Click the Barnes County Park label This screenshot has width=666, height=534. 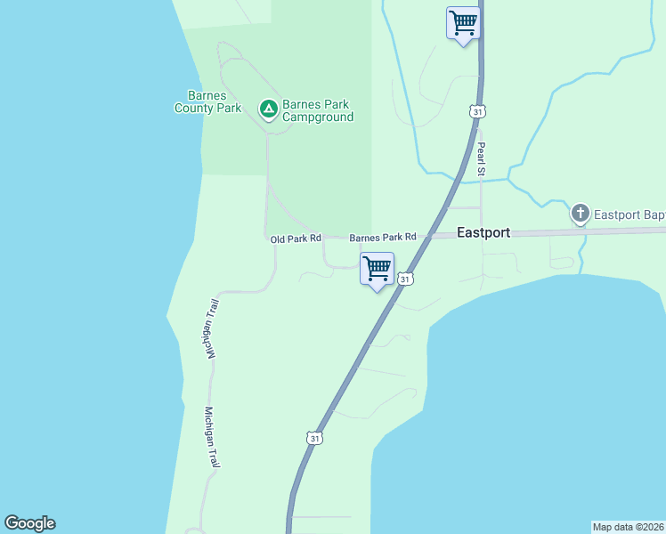[207, 102]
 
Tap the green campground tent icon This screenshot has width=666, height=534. [267, 109]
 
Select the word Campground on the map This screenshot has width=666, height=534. [318, 117]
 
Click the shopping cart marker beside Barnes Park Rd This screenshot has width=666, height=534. [377, 268]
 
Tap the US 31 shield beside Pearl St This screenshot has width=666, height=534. [478, 111]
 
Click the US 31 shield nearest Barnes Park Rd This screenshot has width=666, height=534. [405, 279]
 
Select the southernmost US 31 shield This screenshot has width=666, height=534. [313, 438]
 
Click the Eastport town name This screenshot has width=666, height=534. [483, 232]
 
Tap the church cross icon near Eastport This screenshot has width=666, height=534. [581, 214]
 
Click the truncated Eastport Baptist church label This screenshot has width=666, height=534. [629, 214]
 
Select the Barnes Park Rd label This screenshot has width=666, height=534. [383, 238]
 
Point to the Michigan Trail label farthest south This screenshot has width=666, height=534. [212, 438]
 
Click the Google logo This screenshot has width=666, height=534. [29, 523]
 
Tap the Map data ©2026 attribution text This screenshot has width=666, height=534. [629, 527]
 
